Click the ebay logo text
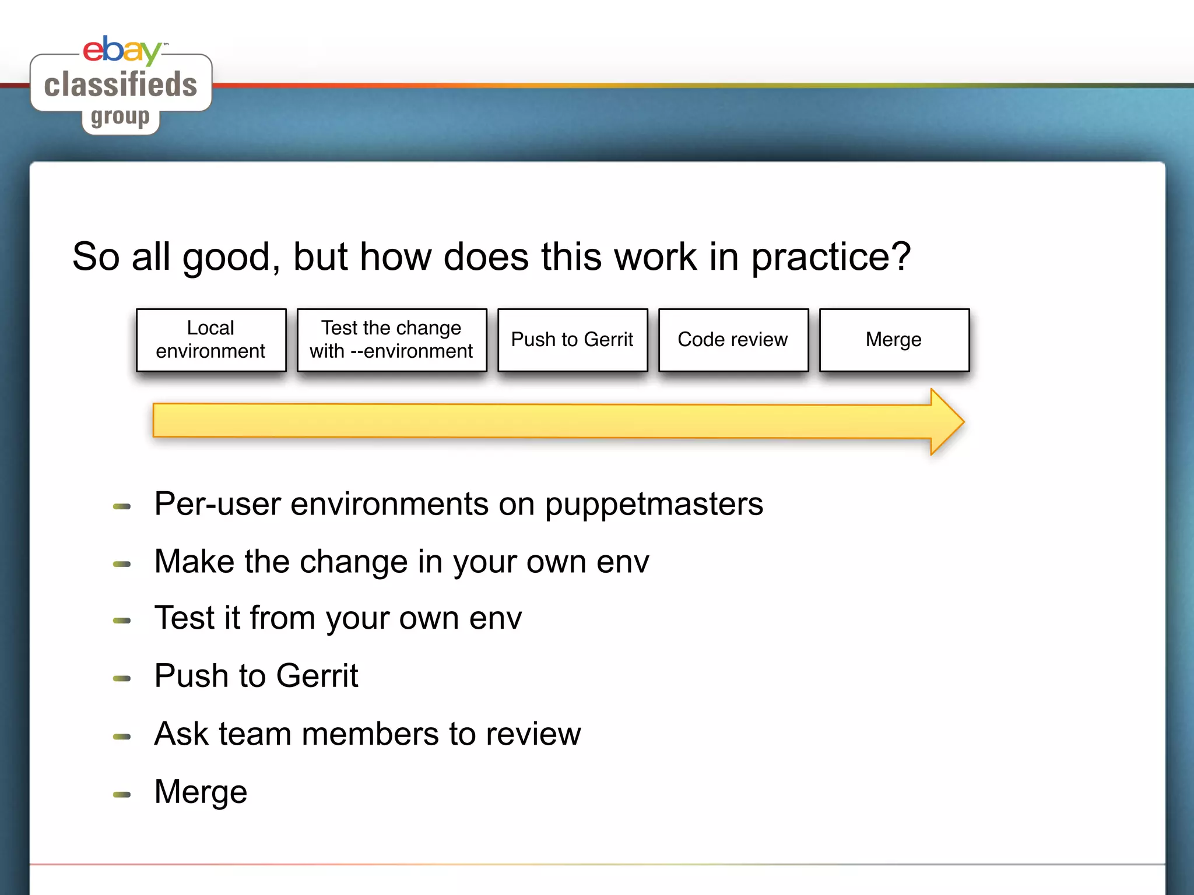[121, 50]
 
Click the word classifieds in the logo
[121, 84]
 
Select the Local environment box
[211, 340]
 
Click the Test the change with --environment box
[392, 340]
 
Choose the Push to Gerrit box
[573, 340]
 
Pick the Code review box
[733, 340]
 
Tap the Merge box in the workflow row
[894, 340]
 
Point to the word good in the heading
[227, 258]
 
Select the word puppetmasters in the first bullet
[654, 504]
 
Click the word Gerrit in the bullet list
[317, 676]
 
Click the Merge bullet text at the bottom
[201, 792]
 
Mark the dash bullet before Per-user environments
[122, 506]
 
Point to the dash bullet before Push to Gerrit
[122, 678]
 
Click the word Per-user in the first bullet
[217, 504]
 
